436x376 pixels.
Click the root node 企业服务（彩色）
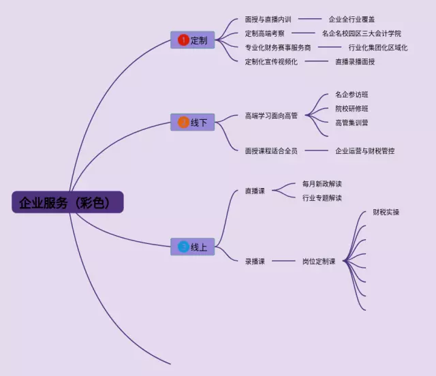click(x=67, y=202)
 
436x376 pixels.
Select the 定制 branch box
click(x=192, y=40)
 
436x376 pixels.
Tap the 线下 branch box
click(x=192, y=123)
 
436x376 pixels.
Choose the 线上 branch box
click(x=192, y=247)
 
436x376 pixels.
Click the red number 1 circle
click(x=183, y=40)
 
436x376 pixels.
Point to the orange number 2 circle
click(x=183, y=123)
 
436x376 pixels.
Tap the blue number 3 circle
click(x=183, y=247)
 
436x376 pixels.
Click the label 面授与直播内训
click(x=268, y=20)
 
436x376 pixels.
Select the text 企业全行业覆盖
click(x=352, y=20)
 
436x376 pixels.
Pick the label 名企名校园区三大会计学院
click(x=361, y=33)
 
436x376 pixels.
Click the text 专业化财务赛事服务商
click(x=277, y=48)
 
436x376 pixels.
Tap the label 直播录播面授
click(x=354, y=62)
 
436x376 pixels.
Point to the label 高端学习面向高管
click(x=271, y=116)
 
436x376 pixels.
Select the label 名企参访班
click(x=352, y=95)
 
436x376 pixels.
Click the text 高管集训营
click(x=352, y=123)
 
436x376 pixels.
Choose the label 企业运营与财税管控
click(x=364, y=151)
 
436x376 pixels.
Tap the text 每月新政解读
click(x=322, y=184)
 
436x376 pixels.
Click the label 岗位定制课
click(x=319, y=261)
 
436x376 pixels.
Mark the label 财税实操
click(x=386, y=213)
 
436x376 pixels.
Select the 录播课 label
click(x=255, y=261)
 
